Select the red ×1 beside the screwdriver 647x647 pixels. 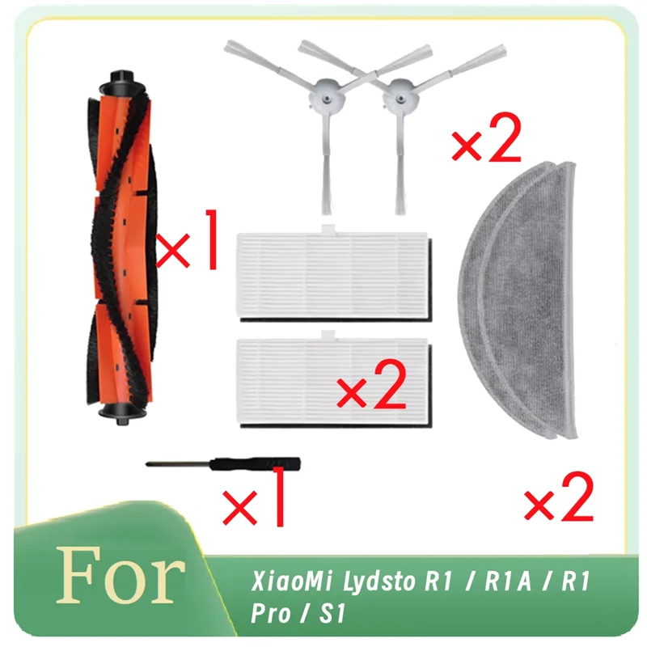pos(255,498)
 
